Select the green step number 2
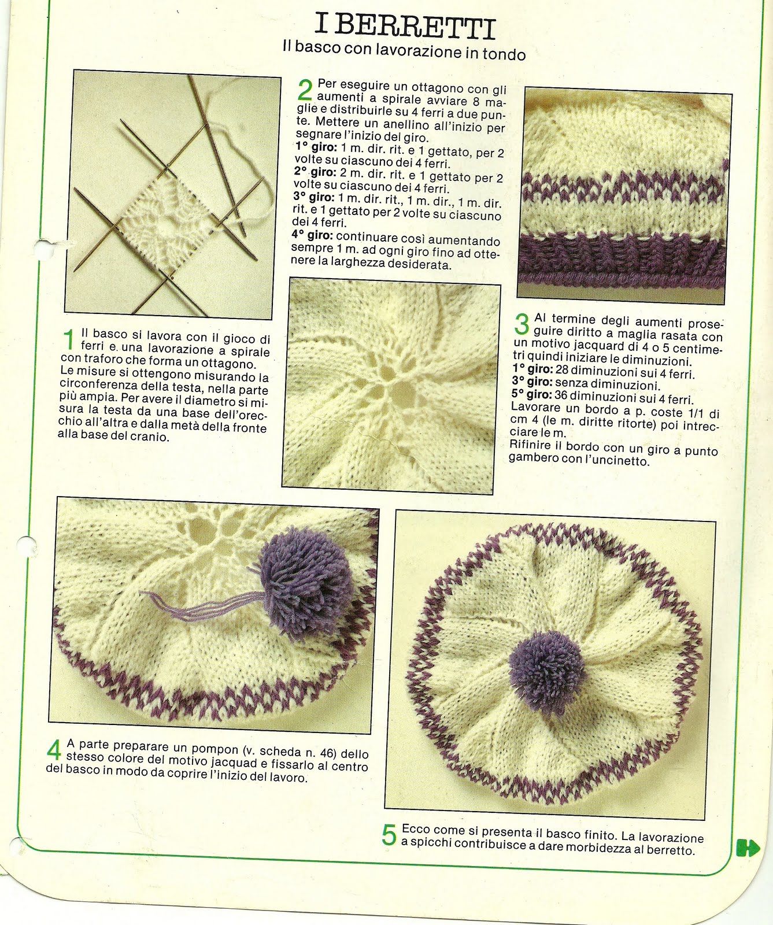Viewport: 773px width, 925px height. tap(305, 90)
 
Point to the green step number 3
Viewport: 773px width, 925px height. tap(522, 324)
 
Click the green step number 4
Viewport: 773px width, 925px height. tap(54, 751)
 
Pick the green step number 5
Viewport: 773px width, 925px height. tap(389, 835)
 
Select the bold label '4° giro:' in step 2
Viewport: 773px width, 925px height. tap(312, 235)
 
